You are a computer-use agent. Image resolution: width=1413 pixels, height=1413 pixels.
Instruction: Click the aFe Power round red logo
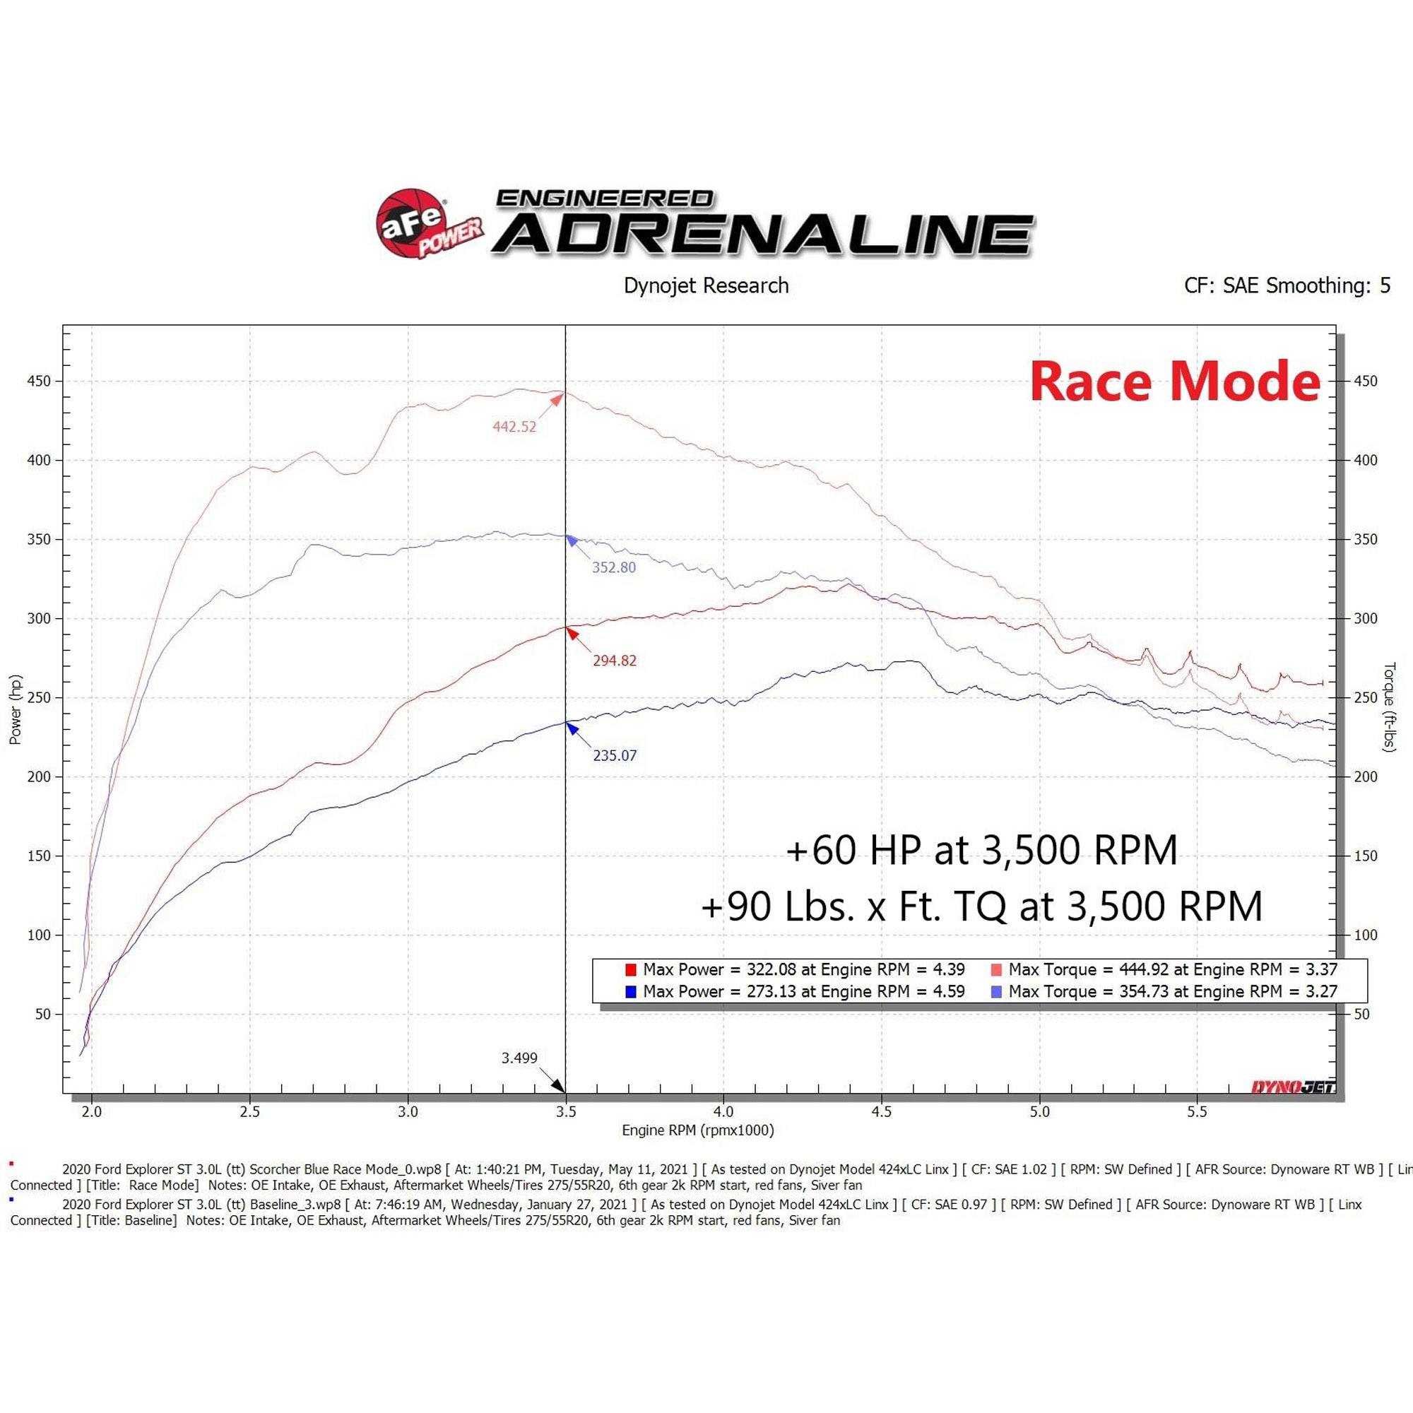(410, 223)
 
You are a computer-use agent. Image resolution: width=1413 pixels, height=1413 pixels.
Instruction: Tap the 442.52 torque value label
(514, 427)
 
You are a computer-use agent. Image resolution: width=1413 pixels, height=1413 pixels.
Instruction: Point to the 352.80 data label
(614, 567)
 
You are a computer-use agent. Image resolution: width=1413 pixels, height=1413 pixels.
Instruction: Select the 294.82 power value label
(615, 661)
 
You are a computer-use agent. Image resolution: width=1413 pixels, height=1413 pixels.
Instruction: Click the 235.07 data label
(615, 755)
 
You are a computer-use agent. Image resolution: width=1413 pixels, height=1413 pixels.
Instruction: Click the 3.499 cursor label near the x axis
(519, 1058)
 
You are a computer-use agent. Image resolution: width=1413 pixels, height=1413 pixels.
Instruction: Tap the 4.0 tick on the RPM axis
(723, 1111)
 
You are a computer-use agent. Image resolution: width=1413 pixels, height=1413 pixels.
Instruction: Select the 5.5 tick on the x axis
(1198, 1111)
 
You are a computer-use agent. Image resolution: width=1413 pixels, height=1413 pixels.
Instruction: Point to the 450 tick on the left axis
(40, 381)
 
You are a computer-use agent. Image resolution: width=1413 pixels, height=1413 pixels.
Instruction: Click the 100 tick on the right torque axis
(1366, 935)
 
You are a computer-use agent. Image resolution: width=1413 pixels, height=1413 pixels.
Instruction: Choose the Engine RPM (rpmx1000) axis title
(698, 1130)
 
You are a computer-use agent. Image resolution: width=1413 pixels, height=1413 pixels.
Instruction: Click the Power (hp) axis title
(16, 709)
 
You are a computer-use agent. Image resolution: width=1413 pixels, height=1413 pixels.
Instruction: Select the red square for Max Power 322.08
(630, 971)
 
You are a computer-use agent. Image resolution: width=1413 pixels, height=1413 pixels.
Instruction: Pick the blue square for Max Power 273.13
(630, 993)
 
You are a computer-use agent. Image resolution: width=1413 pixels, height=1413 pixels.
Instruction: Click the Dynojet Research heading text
(706, 285)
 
